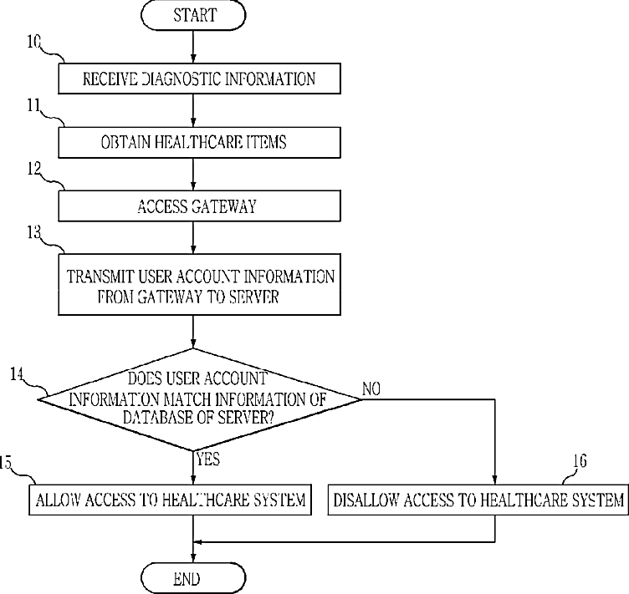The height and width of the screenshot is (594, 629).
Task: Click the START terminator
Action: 193,15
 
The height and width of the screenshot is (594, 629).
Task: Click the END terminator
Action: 193,578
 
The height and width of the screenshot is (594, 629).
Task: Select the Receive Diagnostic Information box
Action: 199,79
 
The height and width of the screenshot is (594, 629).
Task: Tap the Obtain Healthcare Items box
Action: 199,142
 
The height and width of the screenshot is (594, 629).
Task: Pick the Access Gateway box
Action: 199,206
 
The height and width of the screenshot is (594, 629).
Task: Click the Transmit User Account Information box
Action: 199,284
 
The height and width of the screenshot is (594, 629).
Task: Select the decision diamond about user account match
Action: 198,399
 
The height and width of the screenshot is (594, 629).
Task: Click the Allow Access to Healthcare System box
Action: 170,500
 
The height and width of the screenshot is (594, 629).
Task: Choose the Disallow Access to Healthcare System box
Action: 478,500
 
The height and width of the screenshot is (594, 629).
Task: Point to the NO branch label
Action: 371,388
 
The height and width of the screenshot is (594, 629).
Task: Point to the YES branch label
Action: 207,459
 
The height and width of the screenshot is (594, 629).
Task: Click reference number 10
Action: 34,41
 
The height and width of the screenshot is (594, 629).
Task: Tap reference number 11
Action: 34,105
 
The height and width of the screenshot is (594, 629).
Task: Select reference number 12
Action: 34,168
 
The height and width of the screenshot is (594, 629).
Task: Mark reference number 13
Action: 34,231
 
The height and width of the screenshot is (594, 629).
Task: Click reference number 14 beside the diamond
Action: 17,373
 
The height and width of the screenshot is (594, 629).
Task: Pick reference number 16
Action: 580,461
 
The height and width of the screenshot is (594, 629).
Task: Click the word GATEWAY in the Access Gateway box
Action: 223,206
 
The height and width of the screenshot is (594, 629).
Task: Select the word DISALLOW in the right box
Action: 366,500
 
